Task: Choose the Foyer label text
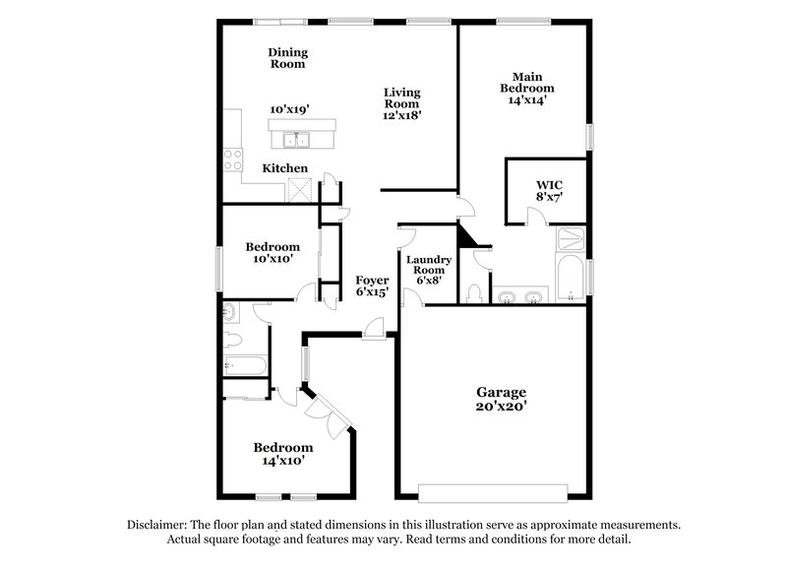tap(372, 281)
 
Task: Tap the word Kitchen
tap(284, 168)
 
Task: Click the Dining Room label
tap(287, 58)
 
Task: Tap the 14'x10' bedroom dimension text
tap(283, 460)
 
